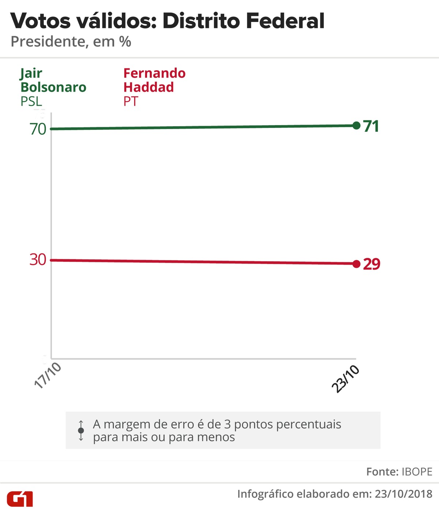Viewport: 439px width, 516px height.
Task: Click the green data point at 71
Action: (x=356, y=125)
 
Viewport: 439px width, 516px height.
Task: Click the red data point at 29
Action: (x=356, y=264)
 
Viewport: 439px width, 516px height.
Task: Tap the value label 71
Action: (x=371, y=126)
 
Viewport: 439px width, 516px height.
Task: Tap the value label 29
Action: (x=372, y=264)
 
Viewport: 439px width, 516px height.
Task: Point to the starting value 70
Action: (x=38, y=129)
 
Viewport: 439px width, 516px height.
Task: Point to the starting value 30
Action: (x=38, y=260)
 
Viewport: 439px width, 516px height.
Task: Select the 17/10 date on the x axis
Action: (x=48, y=375)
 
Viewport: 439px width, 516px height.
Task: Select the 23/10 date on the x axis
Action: (x=345, y=379)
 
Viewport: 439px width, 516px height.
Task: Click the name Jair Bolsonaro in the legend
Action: (x=53, y=80)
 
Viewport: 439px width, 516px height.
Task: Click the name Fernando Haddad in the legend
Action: (x=154, y=80)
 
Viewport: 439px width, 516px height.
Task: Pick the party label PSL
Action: (x=31, y=101)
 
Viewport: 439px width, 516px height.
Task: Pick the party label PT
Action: (x=131, y=101)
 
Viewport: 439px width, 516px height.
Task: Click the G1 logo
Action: (x=20, y=499)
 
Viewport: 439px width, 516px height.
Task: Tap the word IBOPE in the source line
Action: (x=417, y=472)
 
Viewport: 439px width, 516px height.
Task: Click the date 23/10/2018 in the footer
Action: (x=404, y=494)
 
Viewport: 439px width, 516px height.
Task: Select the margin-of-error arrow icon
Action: (x=81, y=430)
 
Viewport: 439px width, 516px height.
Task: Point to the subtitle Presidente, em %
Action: (x=71, y=42)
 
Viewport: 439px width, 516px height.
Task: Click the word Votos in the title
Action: (x=40, y=21)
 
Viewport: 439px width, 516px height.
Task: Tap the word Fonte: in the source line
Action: (x=382, y=472)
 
